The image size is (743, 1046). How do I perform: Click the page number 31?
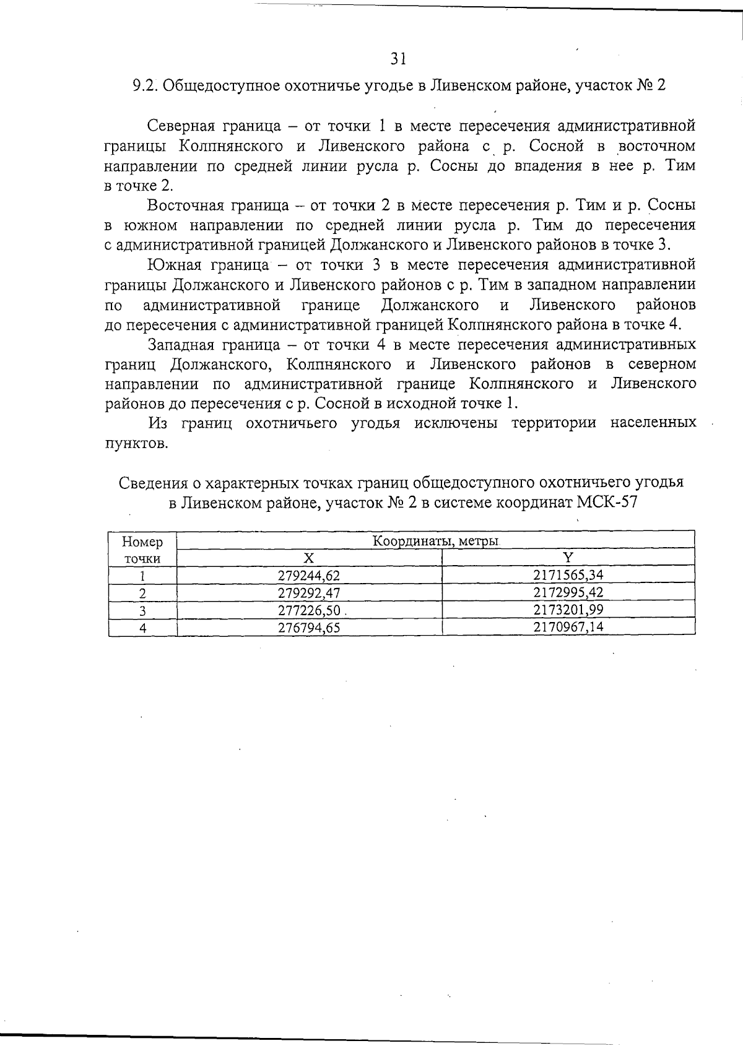coord(398,59)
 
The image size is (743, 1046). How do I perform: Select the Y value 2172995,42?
coord(568,592)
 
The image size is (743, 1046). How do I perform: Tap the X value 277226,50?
coord(308,610)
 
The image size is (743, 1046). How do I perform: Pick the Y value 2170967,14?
coord(568,627)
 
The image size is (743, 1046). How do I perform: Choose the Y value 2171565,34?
coord(568,574)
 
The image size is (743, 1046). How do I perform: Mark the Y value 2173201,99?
coord(568,610)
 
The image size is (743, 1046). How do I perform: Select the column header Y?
coord(568,558)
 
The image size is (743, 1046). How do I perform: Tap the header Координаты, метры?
coord(435,541)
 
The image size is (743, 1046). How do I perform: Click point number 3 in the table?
coord(142,611)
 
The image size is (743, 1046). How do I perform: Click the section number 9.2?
coord(147,85)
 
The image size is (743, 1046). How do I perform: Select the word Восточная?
coord(186,205)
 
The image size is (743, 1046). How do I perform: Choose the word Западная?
coord(181,344)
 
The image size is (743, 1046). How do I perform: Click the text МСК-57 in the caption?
coord(606,502)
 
